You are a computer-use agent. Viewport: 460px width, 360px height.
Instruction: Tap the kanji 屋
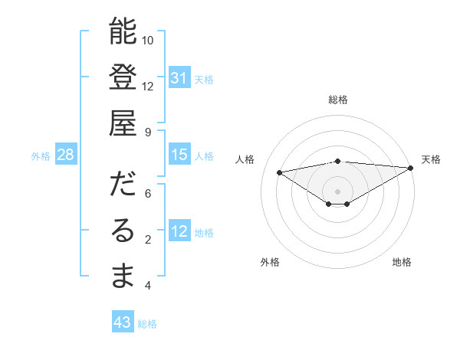(x=123, y=123)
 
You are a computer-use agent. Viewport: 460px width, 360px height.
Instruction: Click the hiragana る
(x=123, y=231)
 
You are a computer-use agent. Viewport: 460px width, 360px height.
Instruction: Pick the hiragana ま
(x=123, y=277)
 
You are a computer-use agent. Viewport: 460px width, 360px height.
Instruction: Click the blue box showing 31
(x=179, y=78)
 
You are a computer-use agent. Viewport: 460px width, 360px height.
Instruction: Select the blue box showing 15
(x=179, y=155)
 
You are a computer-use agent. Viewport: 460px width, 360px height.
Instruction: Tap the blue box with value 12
(x=179, y=231)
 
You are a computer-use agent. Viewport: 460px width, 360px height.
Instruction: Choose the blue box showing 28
(x=65, y=155)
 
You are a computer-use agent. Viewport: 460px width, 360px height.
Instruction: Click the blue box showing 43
(x=122, y=322)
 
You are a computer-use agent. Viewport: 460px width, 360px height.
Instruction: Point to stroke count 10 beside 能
(x=148, y=40)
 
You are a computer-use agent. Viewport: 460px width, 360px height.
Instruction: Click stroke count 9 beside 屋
(x=148, y=132)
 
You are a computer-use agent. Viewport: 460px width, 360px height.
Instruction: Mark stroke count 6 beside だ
(x=148, y=193)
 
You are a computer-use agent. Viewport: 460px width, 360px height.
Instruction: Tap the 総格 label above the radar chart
(x=338, y=100)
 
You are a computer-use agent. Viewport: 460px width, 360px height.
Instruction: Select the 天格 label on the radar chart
(x=431, y=159)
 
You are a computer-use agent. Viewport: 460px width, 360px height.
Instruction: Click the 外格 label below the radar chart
(x=270, y=262)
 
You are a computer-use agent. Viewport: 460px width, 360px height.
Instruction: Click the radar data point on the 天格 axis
(x=411, y=167)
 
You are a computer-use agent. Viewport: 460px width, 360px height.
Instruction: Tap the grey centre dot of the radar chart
(x=337, y=191)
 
